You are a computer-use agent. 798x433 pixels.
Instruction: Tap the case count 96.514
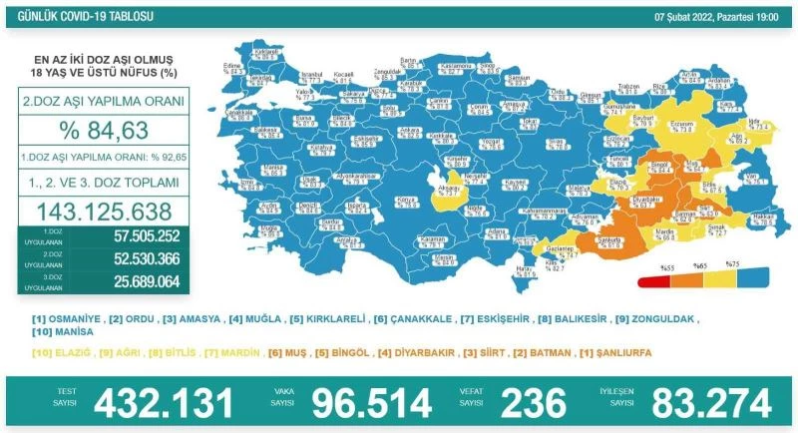(372, 403)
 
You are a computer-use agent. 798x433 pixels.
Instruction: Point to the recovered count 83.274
(712, 403)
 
